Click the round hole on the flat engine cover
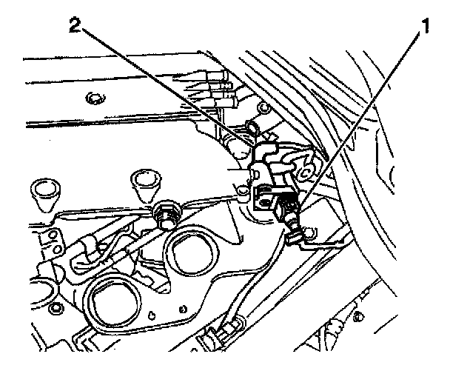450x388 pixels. coord(93,98)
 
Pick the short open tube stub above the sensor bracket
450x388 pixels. coord(257,131)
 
